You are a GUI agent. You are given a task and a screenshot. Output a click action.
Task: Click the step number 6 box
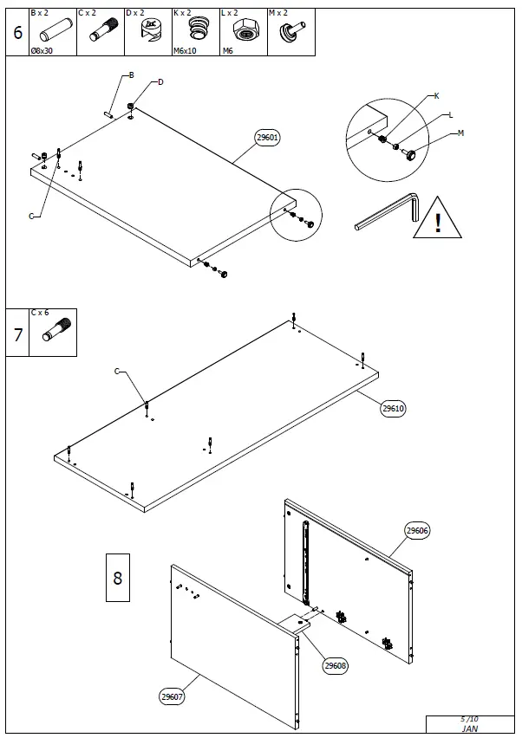(x=17, y=33)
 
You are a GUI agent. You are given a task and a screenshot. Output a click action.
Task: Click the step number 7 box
(x=17, y=333)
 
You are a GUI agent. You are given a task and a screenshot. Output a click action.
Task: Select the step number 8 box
(x=118, y=577)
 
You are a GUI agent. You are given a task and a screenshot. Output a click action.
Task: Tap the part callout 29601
(x=267, y=138)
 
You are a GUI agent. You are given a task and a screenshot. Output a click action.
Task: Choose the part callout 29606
(x=417, y=531)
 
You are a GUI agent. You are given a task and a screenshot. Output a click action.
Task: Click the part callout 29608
(x=336, y=665)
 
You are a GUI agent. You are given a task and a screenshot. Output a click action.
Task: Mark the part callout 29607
(x=172, y=696)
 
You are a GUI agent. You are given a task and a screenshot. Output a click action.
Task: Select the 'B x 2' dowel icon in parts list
(x=53, y=34)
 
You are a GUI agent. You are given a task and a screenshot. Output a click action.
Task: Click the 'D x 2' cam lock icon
(x=148, y=34)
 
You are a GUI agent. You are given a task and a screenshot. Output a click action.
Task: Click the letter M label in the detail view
(x=460, y=133)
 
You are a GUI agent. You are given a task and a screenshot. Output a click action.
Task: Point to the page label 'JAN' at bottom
(x=468, y=729)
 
